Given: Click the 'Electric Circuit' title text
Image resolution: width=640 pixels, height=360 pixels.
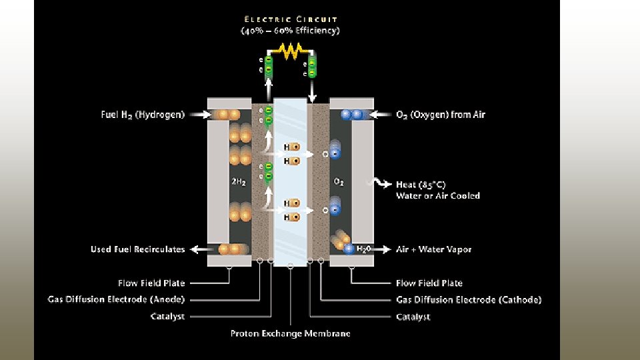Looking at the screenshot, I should pyautogui.click(x=291, y=19).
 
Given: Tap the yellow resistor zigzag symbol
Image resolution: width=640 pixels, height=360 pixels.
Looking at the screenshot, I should pyautogui.click(x=291, y=49).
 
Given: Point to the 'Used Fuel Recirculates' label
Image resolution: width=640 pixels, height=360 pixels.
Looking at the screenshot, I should pyautogui.click(x=138, y=249).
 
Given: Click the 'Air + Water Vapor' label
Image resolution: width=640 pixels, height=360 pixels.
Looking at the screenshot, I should pyautogui.click(x=433, y=249).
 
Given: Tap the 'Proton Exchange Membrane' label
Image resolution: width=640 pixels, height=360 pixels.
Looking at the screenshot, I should pyautogui.click(x=291, y=333).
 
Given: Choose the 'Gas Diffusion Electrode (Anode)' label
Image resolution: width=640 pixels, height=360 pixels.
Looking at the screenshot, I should pyautogui.click(x=116, y=299).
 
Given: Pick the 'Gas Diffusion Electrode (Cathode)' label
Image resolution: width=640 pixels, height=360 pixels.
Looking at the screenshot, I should pyautogui.click(x=469, y=299).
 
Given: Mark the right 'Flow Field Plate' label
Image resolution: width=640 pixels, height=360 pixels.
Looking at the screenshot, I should pyautogui.click(x=429, y=283).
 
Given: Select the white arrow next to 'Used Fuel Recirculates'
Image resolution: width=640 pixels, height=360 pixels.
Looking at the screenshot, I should pyautogui.click(x=197, y=249).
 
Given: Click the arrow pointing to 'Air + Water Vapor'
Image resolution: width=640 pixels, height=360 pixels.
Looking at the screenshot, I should pyautogui.click(x=381, y=249).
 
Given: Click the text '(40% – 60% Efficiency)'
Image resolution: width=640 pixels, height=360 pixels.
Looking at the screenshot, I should pyautogui.click(x=291, y=31).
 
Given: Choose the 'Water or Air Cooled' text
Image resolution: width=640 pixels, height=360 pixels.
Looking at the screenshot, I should pyautogui.click(x=438, y=196).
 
